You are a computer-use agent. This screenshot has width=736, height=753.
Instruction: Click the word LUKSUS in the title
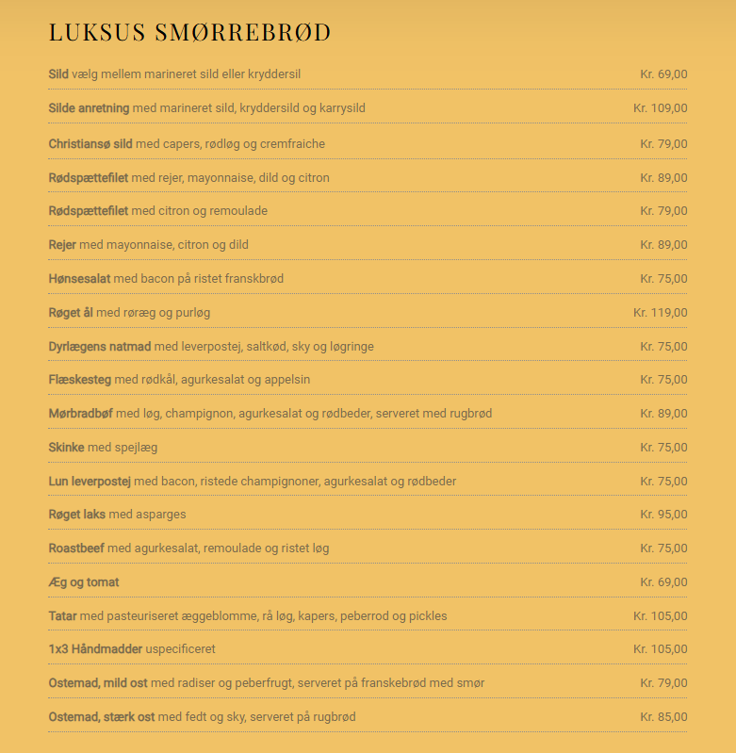(x=97, y=32)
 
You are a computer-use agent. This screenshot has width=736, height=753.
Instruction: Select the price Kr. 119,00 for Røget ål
(x=660, y=313)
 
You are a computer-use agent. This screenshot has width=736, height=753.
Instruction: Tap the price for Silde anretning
(x=660, y=108)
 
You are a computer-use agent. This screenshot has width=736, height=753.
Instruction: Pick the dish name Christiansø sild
(x=90, y=144)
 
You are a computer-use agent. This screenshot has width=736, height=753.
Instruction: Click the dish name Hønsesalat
(x=79, y=279)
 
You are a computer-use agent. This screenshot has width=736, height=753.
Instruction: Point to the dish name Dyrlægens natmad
(x=100, y=347)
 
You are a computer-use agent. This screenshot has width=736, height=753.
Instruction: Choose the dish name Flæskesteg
(x=80, y=380)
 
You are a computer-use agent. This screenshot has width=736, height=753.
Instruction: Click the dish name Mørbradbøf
(x=81, y=414)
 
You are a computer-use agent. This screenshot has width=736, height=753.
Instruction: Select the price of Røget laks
(x=663, y=515)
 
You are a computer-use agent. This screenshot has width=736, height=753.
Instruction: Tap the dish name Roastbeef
(x=76, y=548)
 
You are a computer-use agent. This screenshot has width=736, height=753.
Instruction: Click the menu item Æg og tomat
(x=84, y=582)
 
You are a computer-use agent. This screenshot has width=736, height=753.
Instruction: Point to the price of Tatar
(x=660, y=616)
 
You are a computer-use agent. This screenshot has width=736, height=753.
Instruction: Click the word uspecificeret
(x=181, y=649)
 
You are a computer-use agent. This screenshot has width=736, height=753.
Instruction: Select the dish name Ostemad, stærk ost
(x=102, y=717)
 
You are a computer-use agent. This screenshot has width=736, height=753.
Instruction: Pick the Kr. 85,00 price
(x=663, y=717)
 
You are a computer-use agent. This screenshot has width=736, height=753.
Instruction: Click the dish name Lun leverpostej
(x=90, y=482)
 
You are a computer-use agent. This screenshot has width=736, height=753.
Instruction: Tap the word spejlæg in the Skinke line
(x=136, y=448)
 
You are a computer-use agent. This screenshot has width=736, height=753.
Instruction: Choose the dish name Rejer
(x=62, y=245)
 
